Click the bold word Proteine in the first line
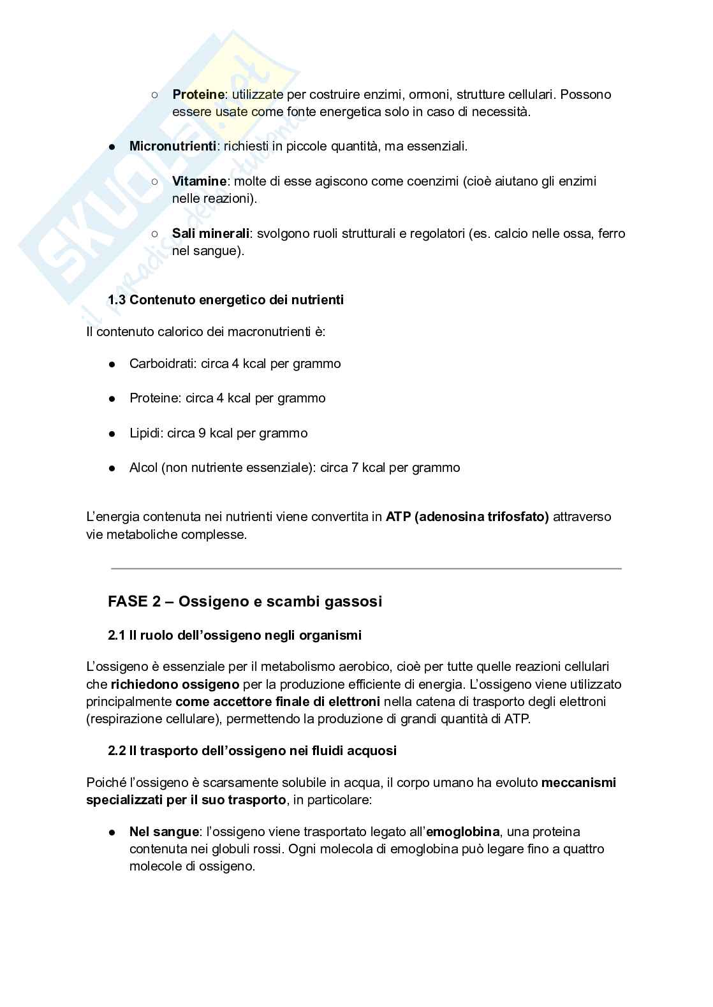pyautogui.click(x=198, y=94)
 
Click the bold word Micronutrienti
pyautogui.click(x=172, y=146)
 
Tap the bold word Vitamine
pyautogui.click(x=199, y=181)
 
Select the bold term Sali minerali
pyautogui.click(x=210, y=233)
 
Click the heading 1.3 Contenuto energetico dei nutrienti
pyautogui.click(x=226, y=300)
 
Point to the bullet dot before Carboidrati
pyautogui.click(x=112, y=364)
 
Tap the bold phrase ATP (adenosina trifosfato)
pyautogui.click(x=467, y=517)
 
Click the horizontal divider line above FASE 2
pyautogui.click(x=366, y=568)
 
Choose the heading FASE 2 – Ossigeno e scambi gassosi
pyautogui.click(x=245, y=601)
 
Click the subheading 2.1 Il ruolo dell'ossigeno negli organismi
pyautogui.click(x=235, y=635)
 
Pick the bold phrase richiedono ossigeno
pyautogui.click(x=175, y=684)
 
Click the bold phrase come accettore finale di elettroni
pyautogui.click(x=278, y=702)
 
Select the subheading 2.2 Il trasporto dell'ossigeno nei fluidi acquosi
pyautogui.click(x=252, y=751)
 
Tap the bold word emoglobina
pyautogui.click(x=462, y=832)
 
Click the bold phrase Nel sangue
pyautogui.click(x=164, y=832)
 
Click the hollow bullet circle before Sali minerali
pyautogui.click(x=155, y=233)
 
